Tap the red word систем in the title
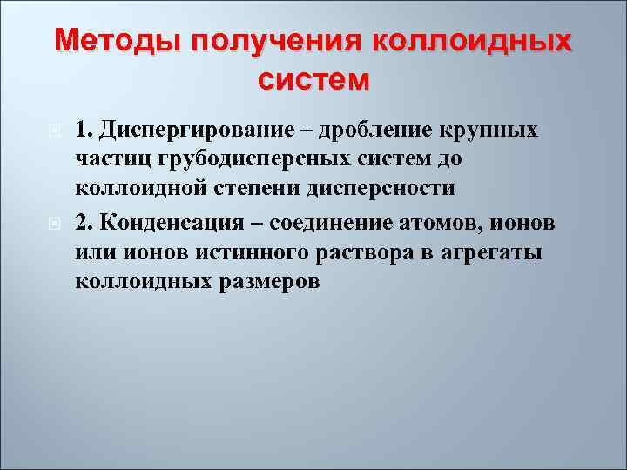(313, 80)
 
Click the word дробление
(379, 131)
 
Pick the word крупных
(493, 131)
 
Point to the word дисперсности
(375, 190)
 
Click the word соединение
(328, 222)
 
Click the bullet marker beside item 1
(54, 131)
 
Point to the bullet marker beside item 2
(54, 223)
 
